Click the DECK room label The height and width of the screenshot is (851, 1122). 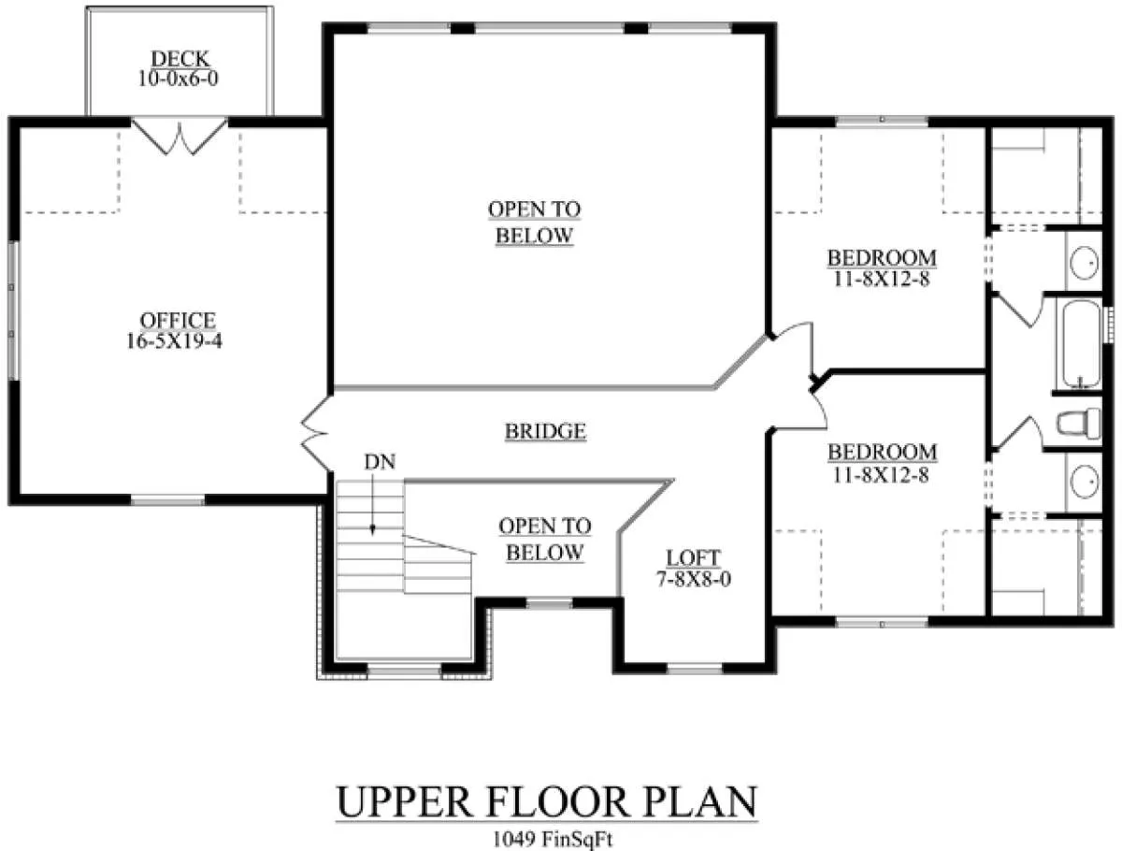tap(180, 59)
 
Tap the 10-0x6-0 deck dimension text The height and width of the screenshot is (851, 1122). tap(179, 79)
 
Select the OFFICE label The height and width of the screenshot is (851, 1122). tap(178, 321)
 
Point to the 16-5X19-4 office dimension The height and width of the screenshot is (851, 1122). tap(174, 341)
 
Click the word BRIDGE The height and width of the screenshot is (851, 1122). tap(545, 431)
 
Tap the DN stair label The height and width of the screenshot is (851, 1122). tap(380, 462)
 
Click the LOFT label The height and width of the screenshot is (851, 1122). tap(694, 557)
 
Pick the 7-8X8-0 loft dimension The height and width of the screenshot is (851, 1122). tap(694, 579)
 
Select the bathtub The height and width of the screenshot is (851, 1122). tap(1082, 344)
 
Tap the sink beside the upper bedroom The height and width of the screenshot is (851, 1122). tap(1084, 263)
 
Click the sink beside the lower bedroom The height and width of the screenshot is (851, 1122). tap(1084, 482)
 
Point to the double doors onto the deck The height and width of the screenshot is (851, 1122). tap(179, 137)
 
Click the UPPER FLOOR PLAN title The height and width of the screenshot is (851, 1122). tap(546, 802)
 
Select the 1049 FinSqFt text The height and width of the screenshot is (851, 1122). tap(553, 839)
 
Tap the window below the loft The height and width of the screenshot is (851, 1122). tap(696, 668)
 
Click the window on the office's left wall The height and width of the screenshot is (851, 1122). tap(14, 310)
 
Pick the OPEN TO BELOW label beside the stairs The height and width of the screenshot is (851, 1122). tap(545, 540)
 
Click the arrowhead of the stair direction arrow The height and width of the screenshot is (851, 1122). tap(373, 529)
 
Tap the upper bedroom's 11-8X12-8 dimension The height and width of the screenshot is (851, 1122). tap(882, 279)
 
